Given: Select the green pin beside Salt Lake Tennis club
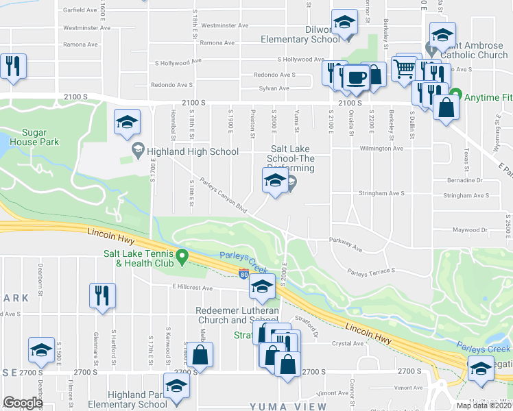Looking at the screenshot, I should click(182, 258).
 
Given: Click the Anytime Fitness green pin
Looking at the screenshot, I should click(455, 97).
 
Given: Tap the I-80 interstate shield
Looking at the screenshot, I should click(245, 275).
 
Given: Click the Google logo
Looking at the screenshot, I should click(23, 403).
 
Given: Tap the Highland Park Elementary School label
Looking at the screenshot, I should click(138, 399).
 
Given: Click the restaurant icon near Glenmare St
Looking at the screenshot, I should click(102, 295).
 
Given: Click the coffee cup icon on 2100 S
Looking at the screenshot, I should click(355, 79).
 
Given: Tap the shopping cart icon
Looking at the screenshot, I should click(403, 68).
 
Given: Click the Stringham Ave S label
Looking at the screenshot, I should click(466, 195).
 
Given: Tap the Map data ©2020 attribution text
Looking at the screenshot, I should click(484, 406).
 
